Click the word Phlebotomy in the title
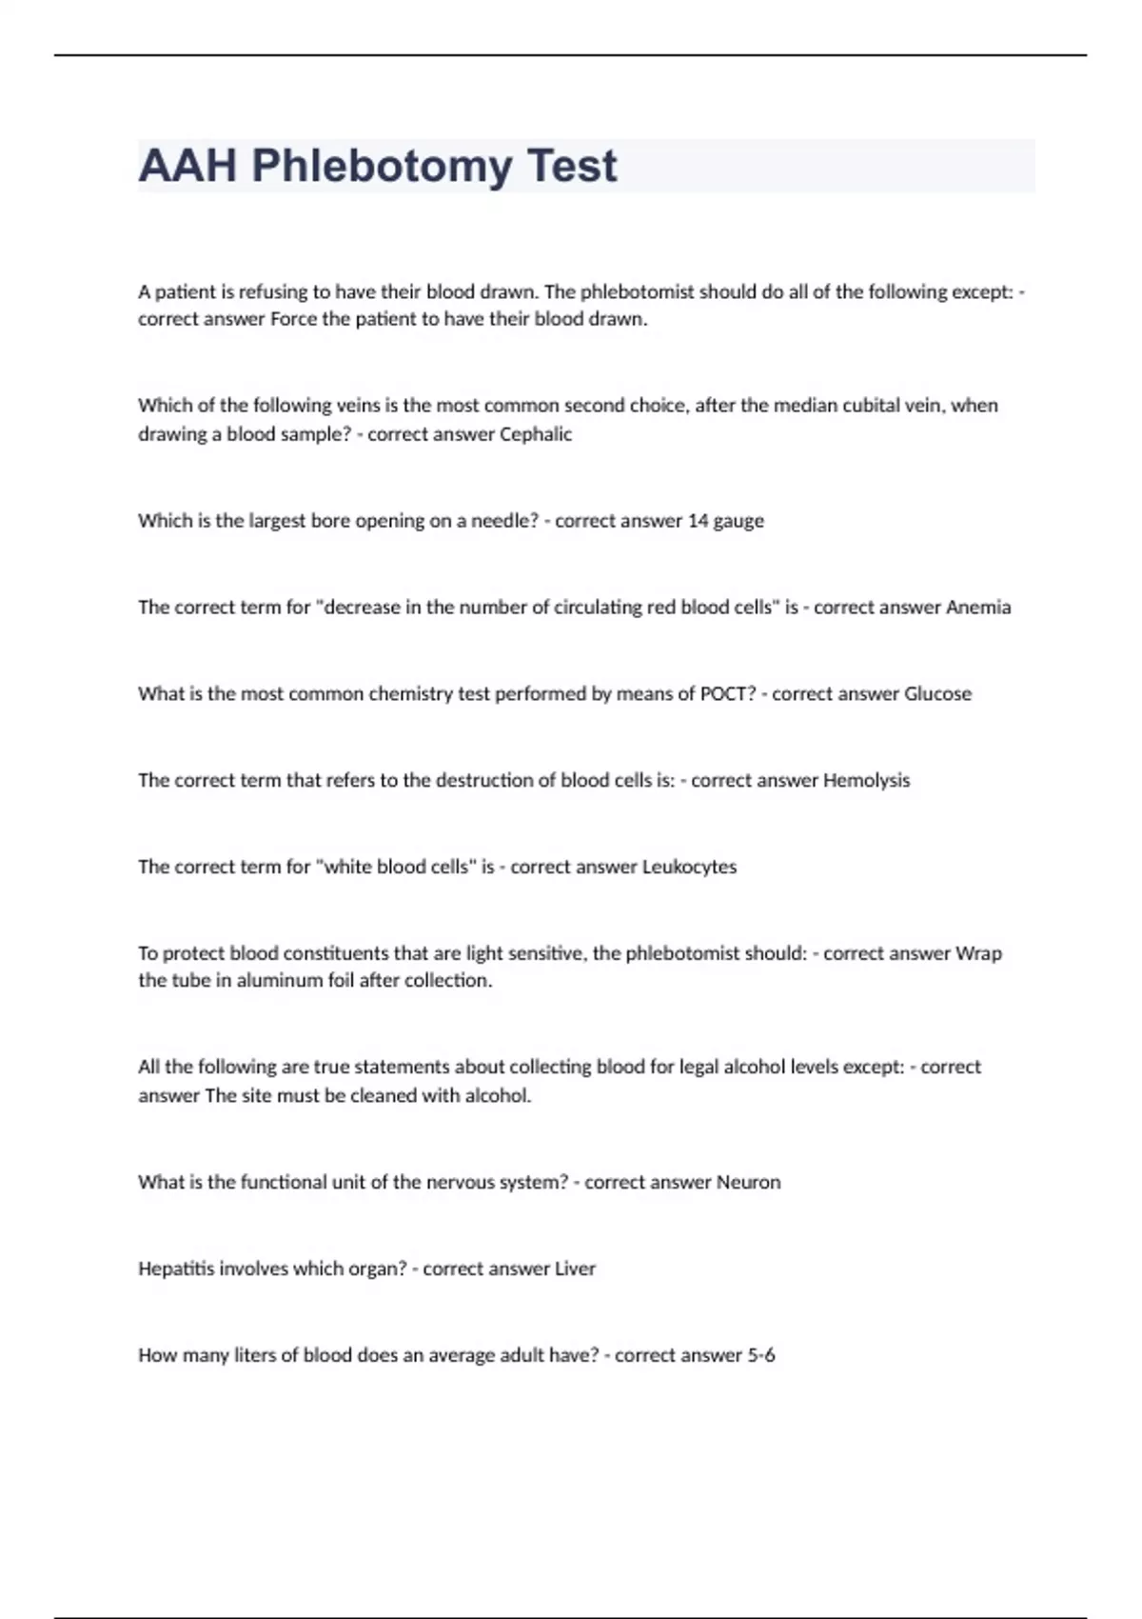(381, 167)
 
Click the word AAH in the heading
(187, 167)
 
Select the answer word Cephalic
(536, 434)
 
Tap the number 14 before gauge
(699, 521)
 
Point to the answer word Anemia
(978, 608)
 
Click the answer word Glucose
(937, 694)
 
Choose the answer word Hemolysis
(866, 781)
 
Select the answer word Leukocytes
(689, 868)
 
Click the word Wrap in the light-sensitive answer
(978, 953)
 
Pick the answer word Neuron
(748, 1183)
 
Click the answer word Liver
(575, 1269)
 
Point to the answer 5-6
(760, 1355)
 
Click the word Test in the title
(571, 167)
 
